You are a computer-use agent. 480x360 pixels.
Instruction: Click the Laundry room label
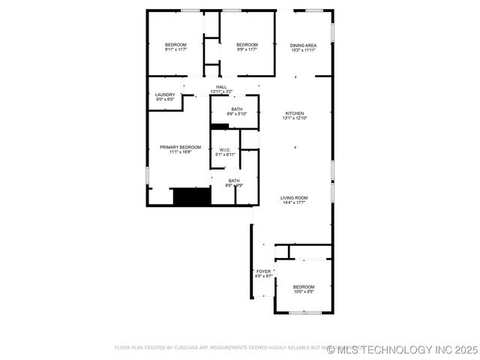[165, 94]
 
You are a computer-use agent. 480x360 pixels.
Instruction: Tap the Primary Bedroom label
[180, 147]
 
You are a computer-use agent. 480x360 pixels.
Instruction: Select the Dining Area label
[303, 45]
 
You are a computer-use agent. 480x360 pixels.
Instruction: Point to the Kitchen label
[294, 113]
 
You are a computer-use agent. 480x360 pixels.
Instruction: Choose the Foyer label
[263, 271]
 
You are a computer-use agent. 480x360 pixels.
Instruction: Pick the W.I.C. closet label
[225, 150]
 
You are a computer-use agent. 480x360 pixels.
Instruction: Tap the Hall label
[221, 87]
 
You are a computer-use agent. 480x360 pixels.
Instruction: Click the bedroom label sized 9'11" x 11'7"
[175, 45]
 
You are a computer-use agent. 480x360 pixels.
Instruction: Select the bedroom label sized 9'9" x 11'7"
[247, 45]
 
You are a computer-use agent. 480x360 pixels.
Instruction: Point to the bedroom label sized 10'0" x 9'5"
[304, 287]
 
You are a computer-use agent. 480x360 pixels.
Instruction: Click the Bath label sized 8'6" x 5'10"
[237, 109]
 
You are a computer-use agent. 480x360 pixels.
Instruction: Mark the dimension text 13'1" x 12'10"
[295, 118]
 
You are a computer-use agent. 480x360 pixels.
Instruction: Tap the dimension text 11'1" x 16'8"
[180, 152]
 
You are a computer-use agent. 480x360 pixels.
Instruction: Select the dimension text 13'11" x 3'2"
[221, 92]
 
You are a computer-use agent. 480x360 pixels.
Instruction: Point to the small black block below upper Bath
[219, 126]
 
